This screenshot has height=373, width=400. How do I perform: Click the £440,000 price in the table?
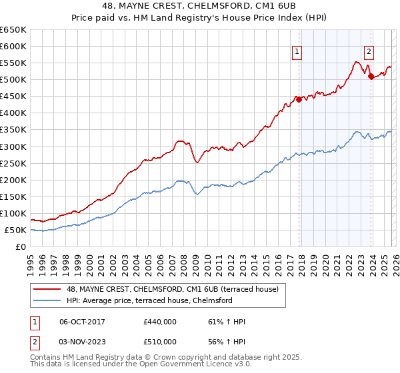pyautogui.click(x=159, y=322)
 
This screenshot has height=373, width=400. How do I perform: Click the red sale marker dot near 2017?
pyautogui.click(x=299, y=99)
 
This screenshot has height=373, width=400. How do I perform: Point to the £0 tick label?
pyautogui.click(x=19, y=247)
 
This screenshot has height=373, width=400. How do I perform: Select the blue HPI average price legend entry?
pyautogui.click(x=148, y=300)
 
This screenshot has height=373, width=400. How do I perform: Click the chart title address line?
pyautogui.click(x=200, y=7)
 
